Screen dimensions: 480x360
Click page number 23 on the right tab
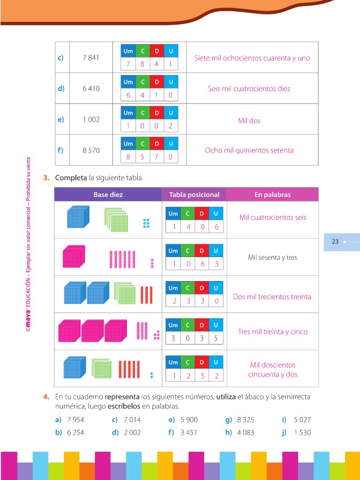pos(335,242)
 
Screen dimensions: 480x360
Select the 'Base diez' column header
pos(108,195)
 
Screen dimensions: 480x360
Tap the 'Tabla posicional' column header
pos(194,195)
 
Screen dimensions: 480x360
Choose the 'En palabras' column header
pos(273,195)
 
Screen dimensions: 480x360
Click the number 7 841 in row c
pos(91,58)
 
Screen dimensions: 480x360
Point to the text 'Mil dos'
pos(249,121)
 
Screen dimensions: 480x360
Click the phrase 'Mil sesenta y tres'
pos(273,258)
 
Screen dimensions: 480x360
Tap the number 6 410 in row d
pos(91,89)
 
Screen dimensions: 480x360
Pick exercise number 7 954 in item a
pos(75,420)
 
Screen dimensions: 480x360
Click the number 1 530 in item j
pos(302,433)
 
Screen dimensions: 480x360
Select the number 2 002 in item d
pos(132,433)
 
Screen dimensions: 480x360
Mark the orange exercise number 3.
pos(47,178)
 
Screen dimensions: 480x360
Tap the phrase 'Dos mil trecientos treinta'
pos(272,297)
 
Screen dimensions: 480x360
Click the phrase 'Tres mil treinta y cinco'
pos(273,332)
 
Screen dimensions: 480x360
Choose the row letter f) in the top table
pos(60,150)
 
